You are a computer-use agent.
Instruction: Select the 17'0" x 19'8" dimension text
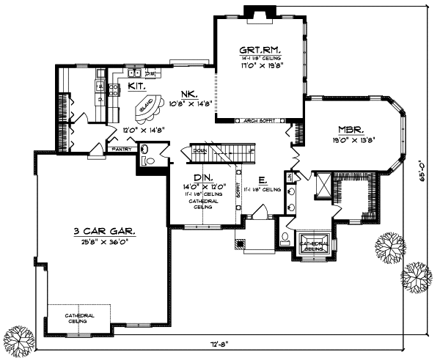point(260,65)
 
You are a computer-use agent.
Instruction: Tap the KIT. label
point(136,86)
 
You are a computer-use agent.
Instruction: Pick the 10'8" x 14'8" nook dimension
point(190,103)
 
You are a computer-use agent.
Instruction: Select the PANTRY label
point(122,149)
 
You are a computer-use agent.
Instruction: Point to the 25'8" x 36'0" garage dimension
point(103,240)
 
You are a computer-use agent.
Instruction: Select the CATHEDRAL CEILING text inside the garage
point(79,317)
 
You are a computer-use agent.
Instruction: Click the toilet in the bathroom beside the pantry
point(144,153)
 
